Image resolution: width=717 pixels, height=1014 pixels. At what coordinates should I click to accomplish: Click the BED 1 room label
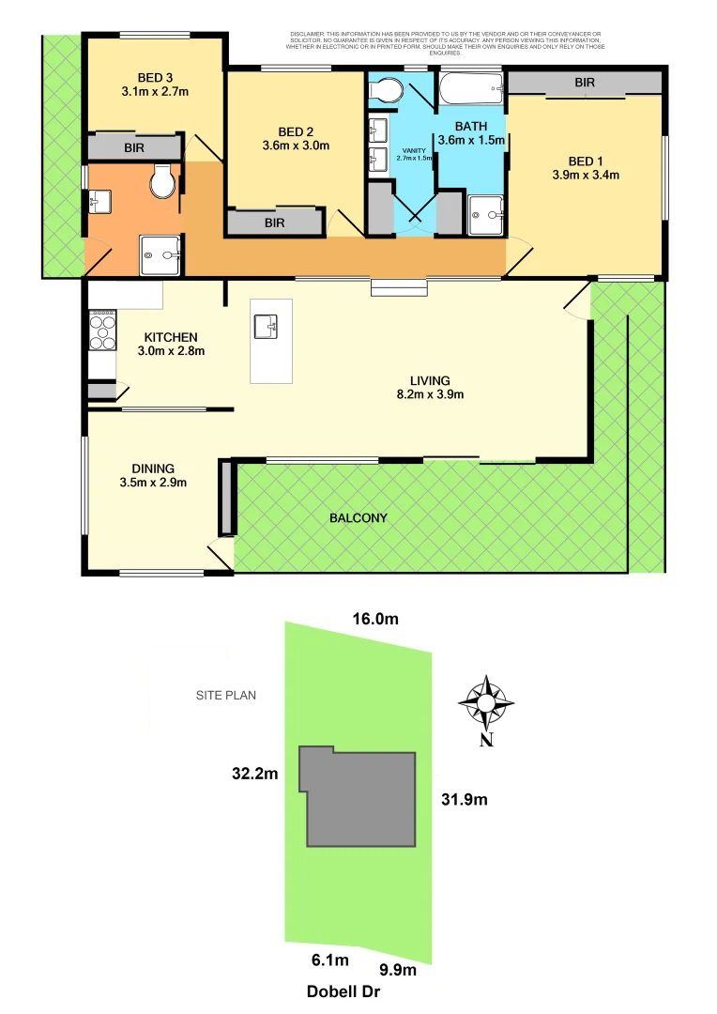click(585, 159)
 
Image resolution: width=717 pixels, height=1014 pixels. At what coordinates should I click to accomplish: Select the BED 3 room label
click(155, 78)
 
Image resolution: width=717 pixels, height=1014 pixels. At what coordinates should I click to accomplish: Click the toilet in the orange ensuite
click(162, 181)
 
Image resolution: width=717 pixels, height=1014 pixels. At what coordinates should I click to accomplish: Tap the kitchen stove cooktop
click(101, 329)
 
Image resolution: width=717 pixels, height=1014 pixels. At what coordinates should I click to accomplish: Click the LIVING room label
click(430, 380)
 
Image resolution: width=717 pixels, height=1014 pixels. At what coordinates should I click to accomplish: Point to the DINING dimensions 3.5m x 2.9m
click(155, 484)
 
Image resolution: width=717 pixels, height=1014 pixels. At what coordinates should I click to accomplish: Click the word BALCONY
click(358, 518)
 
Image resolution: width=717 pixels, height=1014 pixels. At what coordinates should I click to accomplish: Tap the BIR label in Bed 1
click(585, 84)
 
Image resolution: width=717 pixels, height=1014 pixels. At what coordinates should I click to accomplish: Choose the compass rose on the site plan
click(486, 702)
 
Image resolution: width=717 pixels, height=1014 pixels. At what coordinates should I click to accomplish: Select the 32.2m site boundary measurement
click(256, 775)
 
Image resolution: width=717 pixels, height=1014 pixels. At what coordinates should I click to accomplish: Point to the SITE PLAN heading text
click(225, 696)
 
